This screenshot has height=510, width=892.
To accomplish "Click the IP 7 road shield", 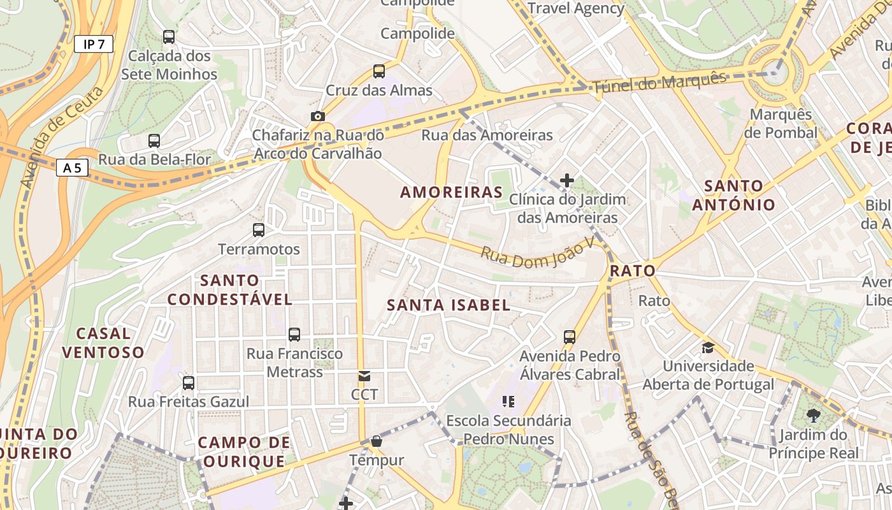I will [x=94, y=44].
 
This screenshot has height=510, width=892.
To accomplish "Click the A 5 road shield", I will [x=72, y=168].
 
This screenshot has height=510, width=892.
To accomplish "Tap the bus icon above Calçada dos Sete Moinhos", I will [x=169, y=37].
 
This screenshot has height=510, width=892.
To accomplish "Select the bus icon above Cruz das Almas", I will [x=379, y=71].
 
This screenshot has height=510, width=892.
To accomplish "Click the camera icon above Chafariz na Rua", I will [x=317, y=116].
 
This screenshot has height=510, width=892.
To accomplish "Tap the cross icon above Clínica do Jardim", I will [x=567, y=180].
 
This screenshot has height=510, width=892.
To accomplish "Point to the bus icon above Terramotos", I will [x=259, y=230].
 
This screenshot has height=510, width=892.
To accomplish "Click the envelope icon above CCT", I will [x=364, y=376].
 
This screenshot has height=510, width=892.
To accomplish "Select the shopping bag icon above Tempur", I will [x=377, y=441].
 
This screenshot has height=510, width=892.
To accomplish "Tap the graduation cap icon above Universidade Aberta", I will [x=708, y=347].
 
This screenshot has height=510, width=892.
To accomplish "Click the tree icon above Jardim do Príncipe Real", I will [x=813, y=416].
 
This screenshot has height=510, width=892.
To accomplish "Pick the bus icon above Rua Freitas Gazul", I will [x=189, y=383].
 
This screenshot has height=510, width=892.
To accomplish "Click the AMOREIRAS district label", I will [x=451, y=192].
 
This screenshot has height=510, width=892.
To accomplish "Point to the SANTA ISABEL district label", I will [x=449, y=305].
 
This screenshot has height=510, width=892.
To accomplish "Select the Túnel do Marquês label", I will [x=659, y=83].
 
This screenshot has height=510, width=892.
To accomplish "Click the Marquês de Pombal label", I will [x=780, y=124].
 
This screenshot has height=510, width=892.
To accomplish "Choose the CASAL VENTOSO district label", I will [x=103, y=342].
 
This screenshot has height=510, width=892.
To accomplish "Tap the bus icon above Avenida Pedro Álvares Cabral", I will [x=570, y=337].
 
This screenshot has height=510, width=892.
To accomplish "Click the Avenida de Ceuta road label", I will [x=62, y=137].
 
